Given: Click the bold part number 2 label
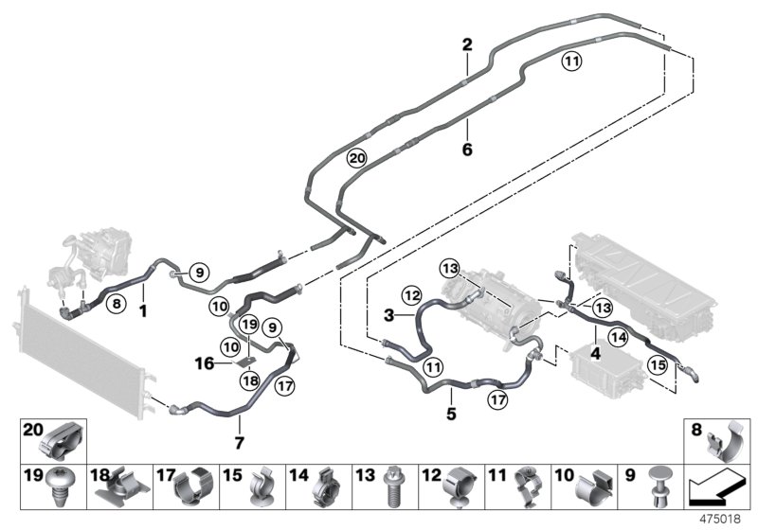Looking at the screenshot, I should pos(466,44).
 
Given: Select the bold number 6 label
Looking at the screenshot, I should pos(466,150).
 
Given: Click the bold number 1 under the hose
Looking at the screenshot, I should pos(143,309).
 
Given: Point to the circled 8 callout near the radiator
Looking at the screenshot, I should pos(115,304).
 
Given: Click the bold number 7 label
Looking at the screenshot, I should pos(239,442).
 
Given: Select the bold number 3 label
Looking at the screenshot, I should pos(388,313).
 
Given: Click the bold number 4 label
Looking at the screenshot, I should pos(595,353).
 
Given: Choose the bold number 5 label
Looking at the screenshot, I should pos(452,413).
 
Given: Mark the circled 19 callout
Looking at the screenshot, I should pos(249,325).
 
